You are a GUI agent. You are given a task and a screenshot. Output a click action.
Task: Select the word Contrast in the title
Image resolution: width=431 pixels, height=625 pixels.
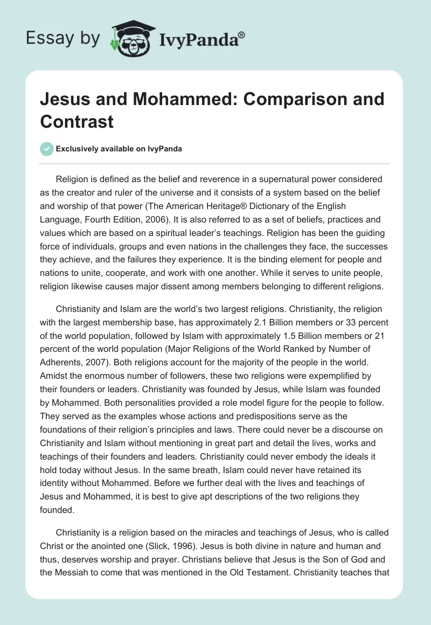coord(77,121)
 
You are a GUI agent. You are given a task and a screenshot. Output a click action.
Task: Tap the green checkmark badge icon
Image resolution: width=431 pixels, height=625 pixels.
coord(46,149)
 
